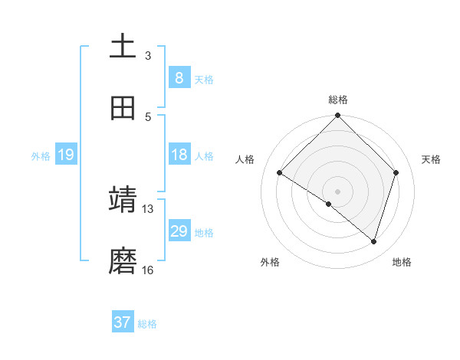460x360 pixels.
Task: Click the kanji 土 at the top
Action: pos(123,46)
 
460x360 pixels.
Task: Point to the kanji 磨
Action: pos(123,260)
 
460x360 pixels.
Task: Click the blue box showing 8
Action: pos(179,78)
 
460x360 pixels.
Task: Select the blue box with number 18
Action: pos(179,155)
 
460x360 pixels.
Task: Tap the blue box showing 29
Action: pos(179,231)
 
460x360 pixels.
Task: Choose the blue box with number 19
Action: pos(65,155)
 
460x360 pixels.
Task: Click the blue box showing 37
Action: pos(123,322)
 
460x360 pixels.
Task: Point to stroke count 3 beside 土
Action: pos(148,56)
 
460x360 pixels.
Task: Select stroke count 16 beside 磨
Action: pos(147,270)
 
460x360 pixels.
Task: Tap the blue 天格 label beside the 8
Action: pos(204,80)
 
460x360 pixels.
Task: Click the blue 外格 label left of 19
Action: pos(41,156)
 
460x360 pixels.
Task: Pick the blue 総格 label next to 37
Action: pos(147,324)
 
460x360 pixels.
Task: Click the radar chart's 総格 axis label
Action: pos(338,100)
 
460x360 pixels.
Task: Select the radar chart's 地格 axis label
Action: pos(402,263)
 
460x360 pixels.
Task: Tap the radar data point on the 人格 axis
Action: pos(280,173)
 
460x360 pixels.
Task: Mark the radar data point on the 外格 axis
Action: pos(329,204)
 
